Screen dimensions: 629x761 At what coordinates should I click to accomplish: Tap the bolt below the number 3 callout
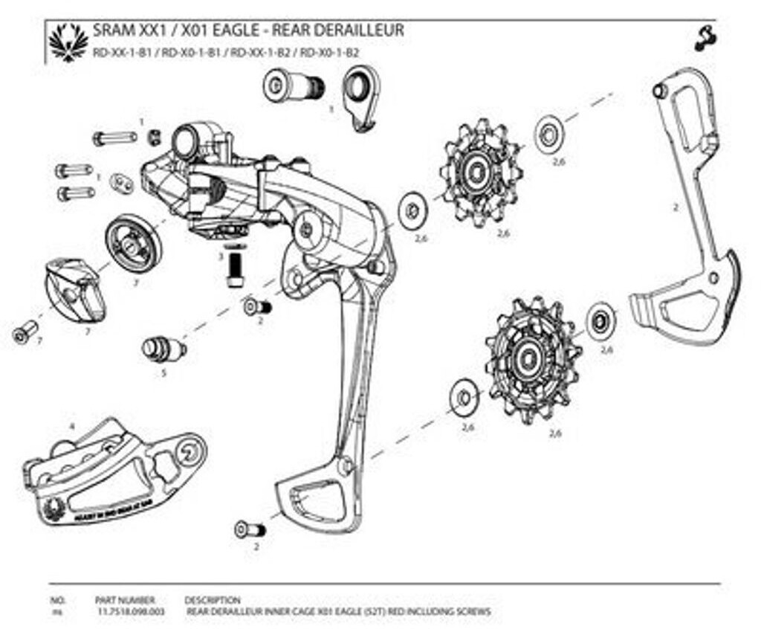point(236,268)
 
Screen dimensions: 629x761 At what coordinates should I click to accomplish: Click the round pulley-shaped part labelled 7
point(133,242)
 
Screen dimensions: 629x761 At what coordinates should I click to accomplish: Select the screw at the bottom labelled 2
point(250,529)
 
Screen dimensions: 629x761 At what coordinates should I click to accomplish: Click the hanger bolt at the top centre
point(294,86)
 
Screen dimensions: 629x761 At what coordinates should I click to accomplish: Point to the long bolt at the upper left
point(114,138)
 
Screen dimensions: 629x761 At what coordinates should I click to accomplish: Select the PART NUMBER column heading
point(125,599)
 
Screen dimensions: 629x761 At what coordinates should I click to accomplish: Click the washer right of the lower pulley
point(600,322)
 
